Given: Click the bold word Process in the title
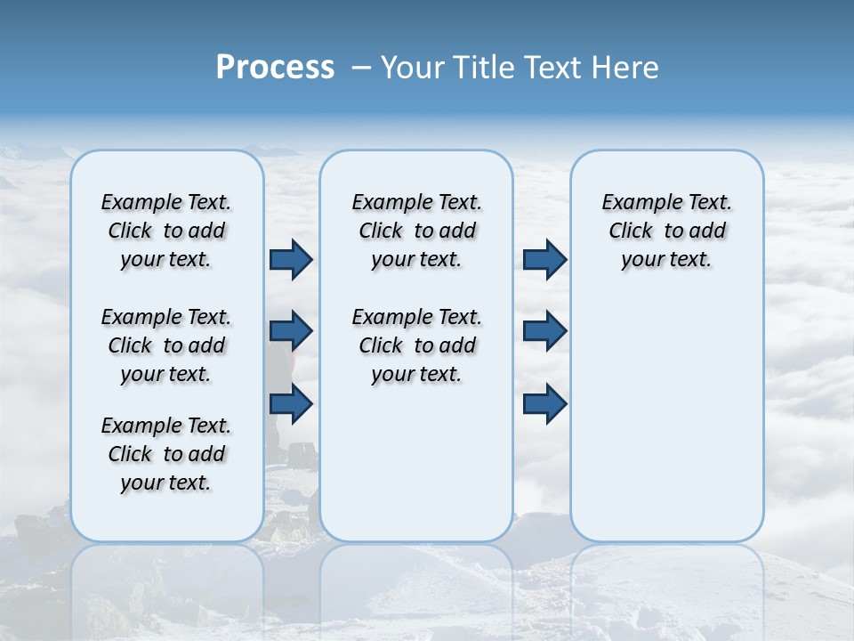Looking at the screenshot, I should click(x=275, y=68).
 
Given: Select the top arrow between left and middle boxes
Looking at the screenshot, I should click(x=291, y=259).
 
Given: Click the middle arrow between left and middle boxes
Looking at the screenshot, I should click(x=291, y=331).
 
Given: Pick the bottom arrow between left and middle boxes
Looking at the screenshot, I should click(x=291, y=403).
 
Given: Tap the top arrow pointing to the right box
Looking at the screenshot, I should click(x=544, y=259).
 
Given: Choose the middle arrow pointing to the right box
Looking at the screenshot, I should click(x=544, y=331).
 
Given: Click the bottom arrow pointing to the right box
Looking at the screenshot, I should click(x=544, y=403).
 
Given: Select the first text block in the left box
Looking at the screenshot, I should click(x=166, y=231).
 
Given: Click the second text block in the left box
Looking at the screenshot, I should click(x=166, y=345).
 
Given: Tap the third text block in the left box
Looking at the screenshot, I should click(x=166, y=454).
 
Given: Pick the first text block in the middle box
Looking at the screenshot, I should click(x=416, y=231).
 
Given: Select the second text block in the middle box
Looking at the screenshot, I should click(x=416, y=345).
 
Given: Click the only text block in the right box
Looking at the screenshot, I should click(x=666, y=231).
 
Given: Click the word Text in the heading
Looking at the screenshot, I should click(x=553, y=68).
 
